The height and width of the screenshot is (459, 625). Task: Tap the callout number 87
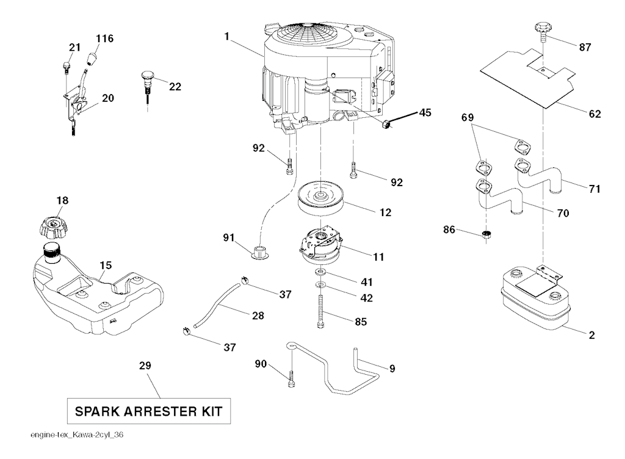[584, 48]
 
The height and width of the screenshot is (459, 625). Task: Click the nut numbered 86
[486, 234]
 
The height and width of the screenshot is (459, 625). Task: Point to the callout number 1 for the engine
[226, 37]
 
